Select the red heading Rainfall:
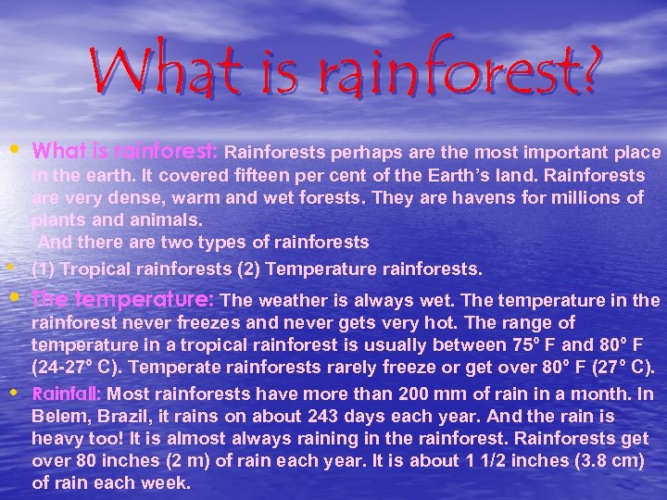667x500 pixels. (x=68, y=392)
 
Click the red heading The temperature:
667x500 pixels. (x=123, y=300)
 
